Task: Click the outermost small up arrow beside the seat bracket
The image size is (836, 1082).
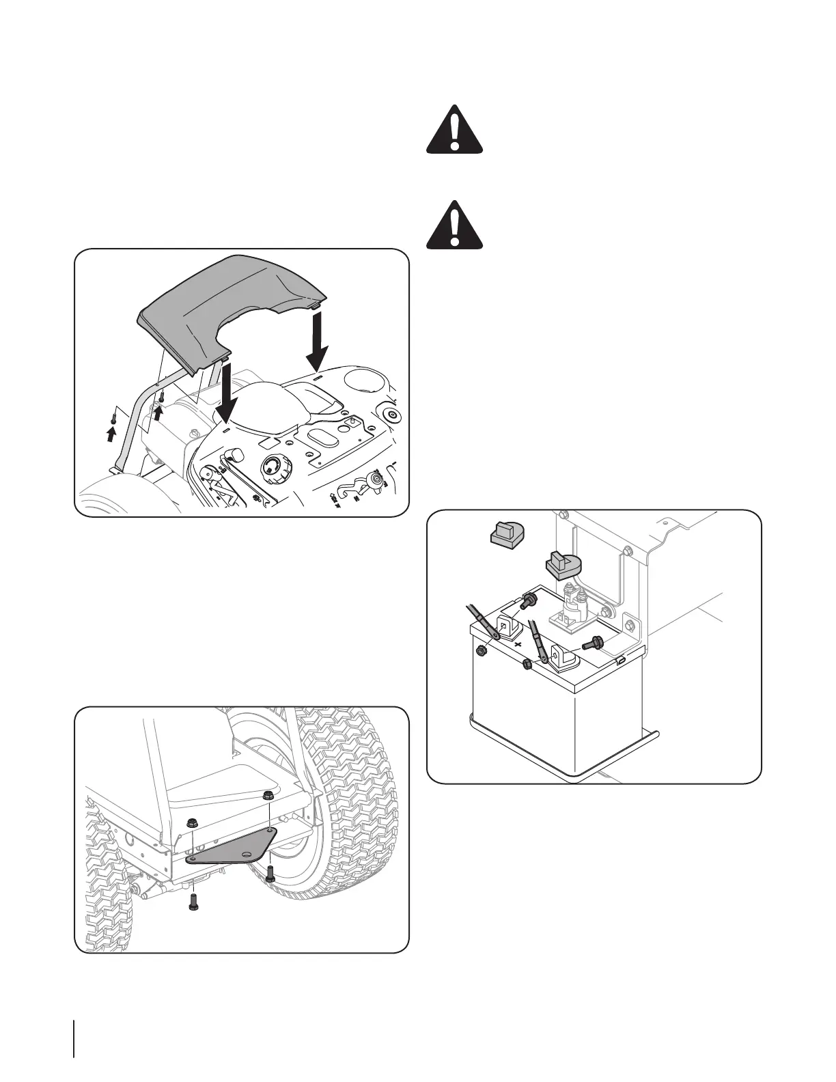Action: (x=112, y=434)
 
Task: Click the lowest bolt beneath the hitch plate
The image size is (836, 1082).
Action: (x=193, y=906)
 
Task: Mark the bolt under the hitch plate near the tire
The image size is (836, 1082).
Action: (x=270, y=873)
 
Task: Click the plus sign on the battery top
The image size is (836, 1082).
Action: (x=518, y=644)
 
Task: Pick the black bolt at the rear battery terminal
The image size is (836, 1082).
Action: (x=529, y=600)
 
